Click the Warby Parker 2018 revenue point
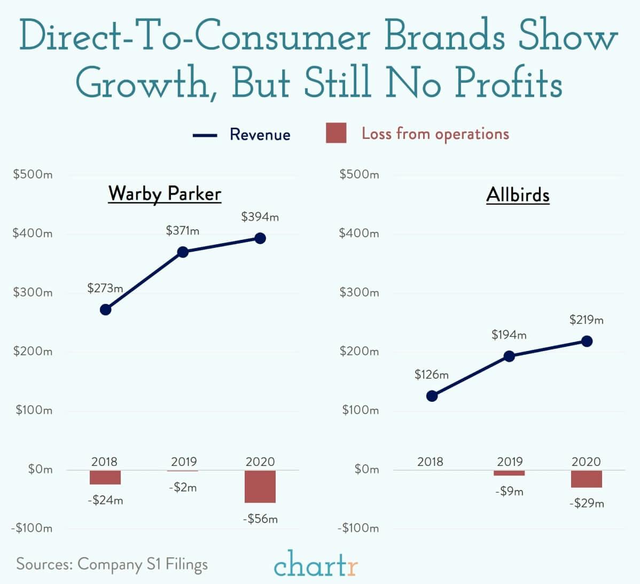106,309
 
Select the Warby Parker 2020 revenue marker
260,238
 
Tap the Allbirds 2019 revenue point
509,356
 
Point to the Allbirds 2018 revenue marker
432,396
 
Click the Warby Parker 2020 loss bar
260,486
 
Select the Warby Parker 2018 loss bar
105,477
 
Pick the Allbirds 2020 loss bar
586,479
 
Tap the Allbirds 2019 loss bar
509,473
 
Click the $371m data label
182,231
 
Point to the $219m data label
586,320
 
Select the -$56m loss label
260,519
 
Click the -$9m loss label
509,492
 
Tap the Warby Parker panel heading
165,193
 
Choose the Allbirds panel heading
518,195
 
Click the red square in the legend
336,133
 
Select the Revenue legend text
260,134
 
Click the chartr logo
316,564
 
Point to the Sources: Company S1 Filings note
112,564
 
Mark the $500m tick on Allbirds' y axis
359,175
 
